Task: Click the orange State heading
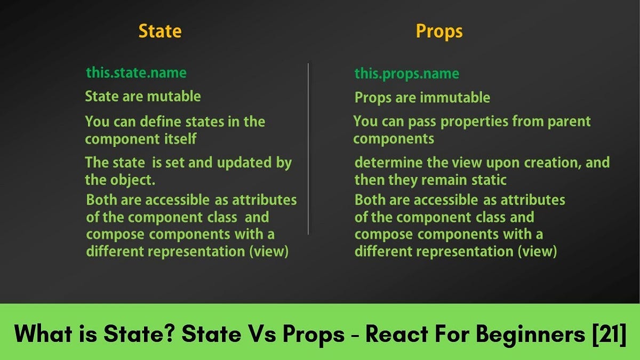[160, 31]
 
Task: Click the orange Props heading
[439, 31]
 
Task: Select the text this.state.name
[137, 72]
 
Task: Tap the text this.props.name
[406, 74]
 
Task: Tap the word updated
[245, 163]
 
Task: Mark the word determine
[389, 162]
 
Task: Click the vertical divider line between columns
[308, 149]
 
